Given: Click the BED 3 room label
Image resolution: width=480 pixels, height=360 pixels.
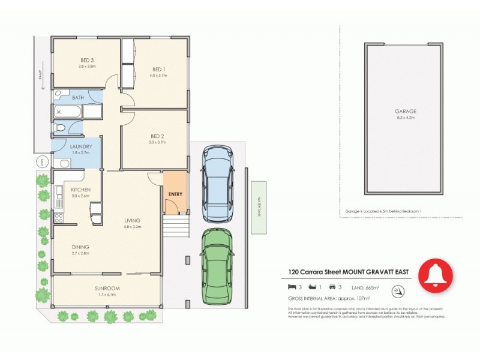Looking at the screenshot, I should [x=88, y=60].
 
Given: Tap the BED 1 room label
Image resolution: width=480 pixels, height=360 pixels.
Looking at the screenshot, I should [x=159, y=69].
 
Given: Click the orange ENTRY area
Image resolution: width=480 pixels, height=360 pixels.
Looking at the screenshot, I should [x=175, y=193].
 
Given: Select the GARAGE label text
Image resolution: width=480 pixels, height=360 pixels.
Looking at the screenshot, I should [x=406, y=111].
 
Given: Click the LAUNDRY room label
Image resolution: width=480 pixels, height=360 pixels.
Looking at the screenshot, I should [x=80, y=146].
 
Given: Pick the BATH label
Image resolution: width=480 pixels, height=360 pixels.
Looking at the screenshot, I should [x=78, y=97].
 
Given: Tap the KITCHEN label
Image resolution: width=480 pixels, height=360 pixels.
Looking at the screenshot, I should [x=80, y=189].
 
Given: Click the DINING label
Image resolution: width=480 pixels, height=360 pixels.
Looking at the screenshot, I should [x=80, y=246].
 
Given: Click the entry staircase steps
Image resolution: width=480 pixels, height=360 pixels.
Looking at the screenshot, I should [x=176, y=227].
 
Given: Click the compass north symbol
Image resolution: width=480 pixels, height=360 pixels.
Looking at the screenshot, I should [x=396, y=292].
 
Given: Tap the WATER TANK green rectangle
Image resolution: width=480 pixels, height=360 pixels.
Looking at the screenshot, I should [x=259, y=204].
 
